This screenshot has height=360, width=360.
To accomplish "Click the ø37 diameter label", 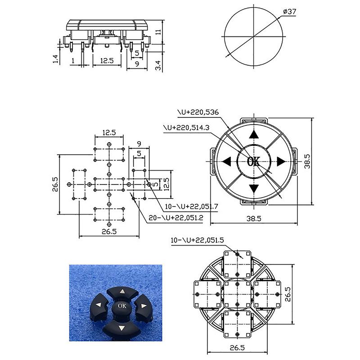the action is click(x=289, y=12).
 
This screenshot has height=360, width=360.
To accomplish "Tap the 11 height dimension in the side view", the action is click(x=158, y=31).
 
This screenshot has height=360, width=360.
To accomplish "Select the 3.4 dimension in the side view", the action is click(x=158, y=65).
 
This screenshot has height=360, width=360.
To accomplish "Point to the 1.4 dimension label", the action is click(x=56, y=59).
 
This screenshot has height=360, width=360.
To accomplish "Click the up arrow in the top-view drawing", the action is click(x=254, y=134).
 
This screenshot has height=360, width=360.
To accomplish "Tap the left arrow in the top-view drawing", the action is click(x=226, y=162).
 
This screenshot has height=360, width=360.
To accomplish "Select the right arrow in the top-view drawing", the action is click(x=281, y=162).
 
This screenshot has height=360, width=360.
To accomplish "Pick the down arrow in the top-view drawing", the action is click(x=254, y=189).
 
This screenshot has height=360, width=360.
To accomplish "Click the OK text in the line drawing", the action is click(x=253, y=162).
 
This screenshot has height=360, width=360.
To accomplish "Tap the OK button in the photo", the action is click(x=122, y=307).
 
